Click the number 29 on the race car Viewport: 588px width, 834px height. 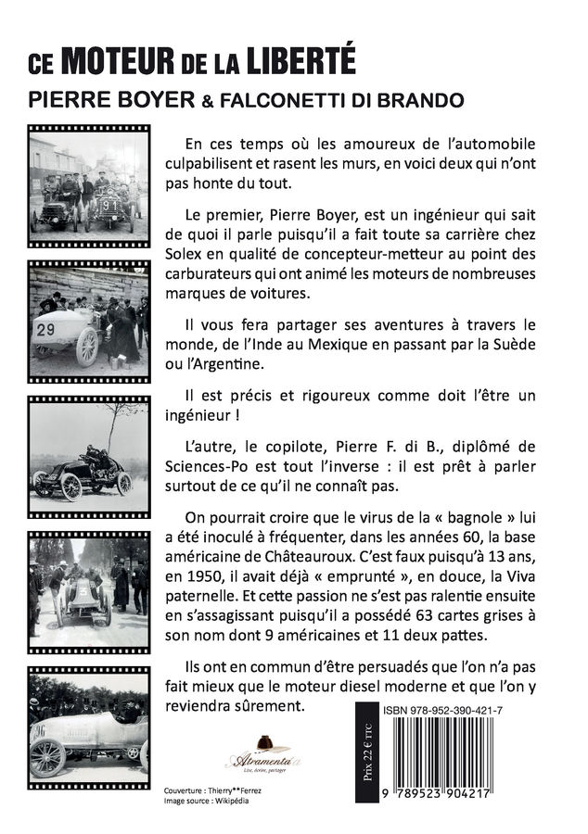click(x=45, y=329)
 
